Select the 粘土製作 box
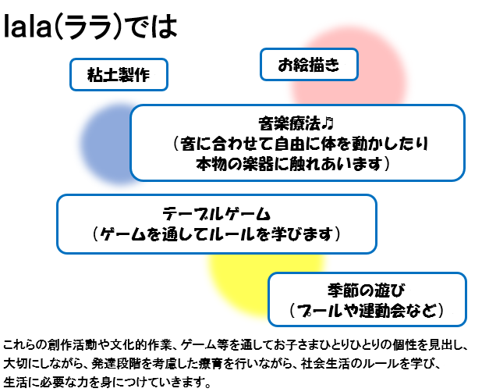click(119, 74)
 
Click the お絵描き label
click(309, 65)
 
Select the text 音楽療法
click(290, 123)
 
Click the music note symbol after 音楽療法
click(328, 123)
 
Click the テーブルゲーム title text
click(216, 214)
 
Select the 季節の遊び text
click(366, 290)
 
